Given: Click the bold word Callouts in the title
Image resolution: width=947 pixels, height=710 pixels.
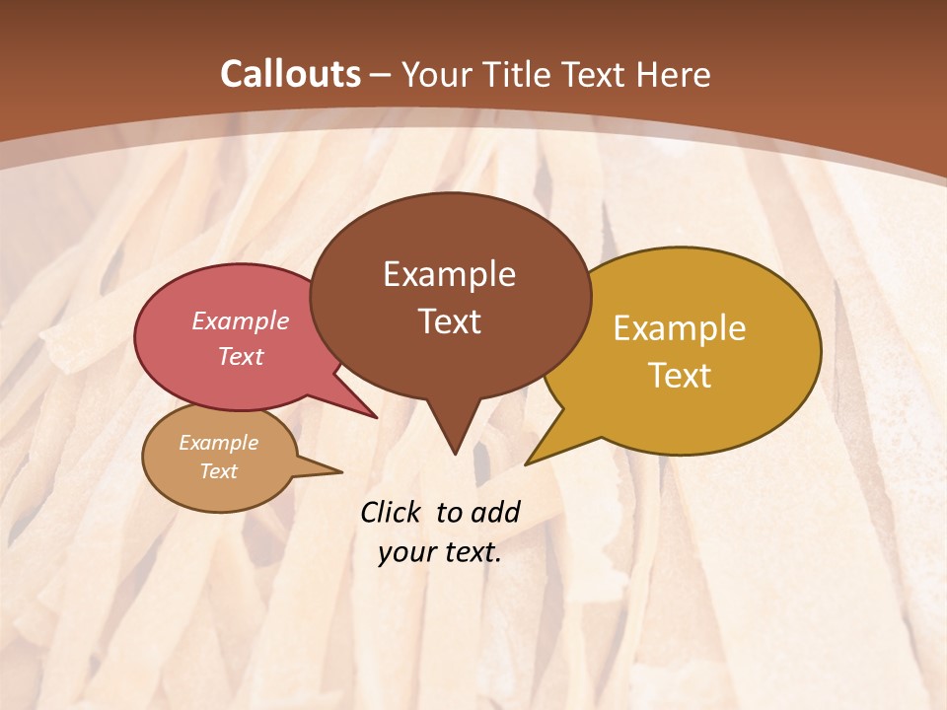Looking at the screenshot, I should (291, 74).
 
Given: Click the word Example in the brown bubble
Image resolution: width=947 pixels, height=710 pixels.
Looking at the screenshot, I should (449, 274).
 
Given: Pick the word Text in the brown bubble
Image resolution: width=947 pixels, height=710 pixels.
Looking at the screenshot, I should (449, 320).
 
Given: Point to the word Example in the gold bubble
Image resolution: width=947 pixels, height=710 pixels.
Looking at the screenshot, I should (680, 328).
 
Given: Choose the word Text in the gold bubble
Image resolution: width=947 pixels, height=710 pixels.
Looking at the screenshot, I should (680, 375).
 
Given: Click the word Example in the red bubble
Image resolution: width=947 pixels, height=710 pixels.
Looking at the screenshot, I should (241, 320).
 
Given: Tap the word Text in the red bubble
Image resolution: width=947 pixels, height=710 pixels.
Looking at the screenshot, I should (241, 356).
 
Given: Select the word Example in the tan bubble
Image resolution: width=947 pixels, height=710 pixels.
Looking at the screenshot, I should (218, 443).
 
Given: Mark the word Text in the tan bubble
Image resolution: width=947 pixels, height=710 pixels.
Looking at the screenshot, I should (218, 471).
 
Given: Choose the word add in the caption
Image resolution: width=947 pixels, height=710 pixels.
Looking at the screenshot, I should (494, 512).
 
